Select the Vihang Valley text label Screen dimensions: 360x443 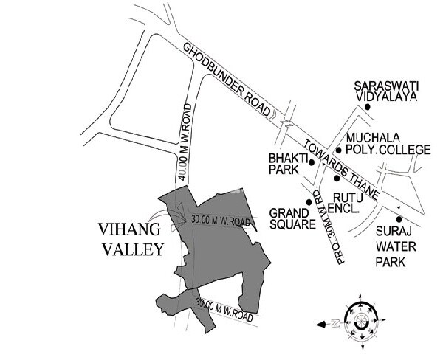tap(133, 239)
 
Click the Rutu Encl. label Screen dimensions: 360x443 tap(347, 202)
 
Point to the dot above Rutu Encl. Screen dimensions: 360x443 tap(336, 178)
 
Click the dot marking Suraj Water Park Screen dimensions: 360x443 tap(399, 218)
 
